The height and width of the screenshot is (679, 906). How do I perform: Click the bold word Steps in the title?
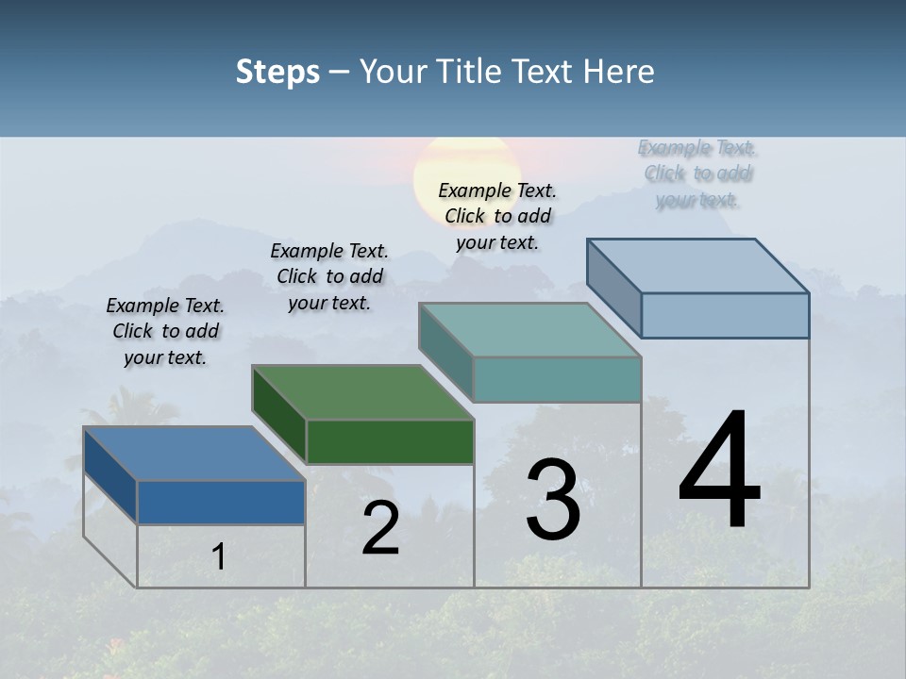click(x=277, y=72)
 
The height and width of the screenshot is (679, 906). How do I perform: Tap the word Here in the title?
click(x=619, y=72)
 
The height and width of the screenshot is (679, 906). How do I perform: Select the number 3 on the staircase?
click(x=552, y=500)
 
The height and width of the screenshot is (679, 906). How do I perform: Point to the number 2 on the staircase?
click(x=380, y=528)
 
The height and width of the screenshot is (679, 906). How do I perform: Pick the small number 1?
click(x=218, y=556)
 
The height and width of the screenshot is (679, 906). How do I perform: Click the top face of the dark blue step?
click(x=193, y=454)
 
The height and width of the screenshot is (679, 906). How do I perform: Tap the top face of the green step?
click(x=362, y=392)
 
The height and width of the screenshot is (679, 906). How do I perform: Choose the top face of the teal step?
click(x=530, y=330)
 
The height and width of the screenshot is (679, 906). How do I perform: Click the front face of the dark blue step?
click(x=221, y=502)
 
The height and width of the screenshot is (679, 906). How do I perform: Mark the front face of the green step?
click(x=390, y=441)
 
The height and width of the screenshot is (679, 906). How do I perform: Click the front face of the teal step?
click(x=557, y=379)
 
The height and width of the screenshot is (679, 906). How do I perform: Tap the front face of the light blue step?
click(x=725, y=315)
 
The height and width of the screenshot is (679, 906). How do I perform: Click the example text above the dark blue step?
click(x=165, y=331)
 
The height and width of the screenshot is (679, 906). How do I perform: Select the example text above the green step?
click(x=329, y=276)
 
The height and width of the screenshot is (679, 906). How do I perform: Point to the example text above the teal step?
click(x=497, y=216)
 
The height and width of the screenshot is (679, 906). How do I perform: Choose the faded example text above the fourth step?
click(x=697, y=174)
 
